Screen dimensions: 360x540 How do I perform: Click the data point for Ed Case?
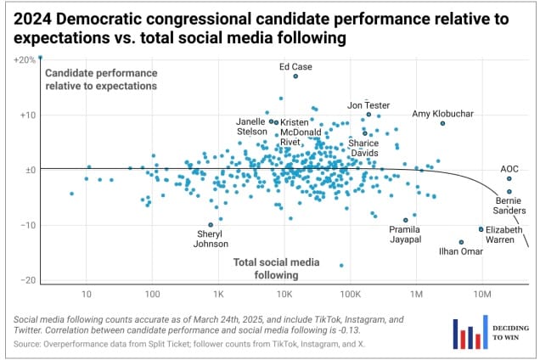[295, 76]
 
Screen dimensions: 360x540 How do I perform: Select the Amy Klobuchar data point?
[442, 123]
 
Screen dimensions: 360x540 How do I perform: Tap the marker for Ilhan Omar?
[461, 242]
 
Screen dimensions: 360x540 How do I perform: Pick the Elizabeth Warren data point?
[481, 229]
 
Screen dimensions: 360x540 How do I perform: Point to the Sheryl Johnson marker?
[211, 225]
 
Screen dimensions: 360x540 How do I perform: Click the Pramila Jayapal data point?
[406, 219]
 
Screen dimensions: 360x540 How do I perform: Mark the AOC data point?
[509, 178]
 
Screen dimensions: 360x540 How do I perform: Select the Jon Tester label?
[368, 105]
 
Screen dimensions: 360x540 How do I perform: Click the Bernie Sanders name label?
[512, 205]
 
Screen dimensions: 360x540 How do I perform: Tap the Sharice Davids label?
[364, 149]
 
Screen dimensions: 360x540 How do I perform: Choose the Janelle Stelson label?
[250, 127]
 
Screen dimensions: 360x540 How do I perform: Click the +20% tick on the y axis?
[25, 59]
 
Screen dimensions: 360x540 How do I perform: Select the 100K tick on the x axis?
[350, 295]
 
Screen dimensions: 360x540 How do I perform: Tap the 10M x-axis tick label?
[481, 295]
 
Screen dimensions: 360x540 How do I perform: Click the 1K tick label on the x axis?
[218, 295]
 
